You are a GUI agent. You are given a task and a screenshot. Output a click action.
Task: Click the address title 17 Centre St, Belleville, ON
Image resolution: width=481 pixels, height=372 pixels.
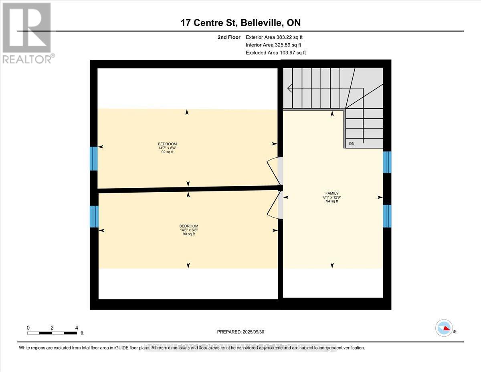[x=240, y=23]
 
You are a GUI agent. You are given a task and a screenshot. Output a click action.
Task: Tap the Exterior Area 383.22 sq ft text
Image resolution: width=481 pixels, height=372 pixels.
[x=274, y=37]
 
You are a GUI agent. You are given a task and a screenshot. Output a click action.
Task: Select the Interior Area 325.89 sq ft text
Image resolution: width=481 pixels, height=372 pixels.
[x=273, y=45]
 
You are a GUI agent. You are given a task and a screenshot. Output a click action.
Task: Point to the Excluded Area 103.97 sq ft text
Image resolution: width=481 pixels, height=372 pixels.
[x=275, y=53]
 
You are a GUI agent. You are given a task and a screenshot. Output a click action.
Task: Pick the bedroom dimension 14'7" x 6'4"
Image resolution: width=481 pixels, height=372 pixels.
[x=167, y=148]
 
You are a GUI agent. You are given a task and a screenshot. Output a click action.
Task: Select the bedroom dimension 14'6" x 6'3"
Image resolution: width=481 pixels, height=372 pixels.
[x=188, y=230]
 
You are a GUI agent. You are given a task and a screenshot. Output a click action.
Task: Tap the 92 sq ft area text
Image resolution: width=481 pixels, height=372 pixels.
[x=167, y=152]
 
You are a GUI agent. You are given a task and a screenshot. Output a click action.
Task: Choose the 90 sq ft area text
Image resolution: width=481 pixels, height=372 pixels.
[x=188, y=234]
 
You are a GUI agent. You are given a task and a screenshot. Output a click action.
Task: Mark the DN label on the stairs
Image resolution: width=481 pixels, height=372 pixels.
[x=352, y=144]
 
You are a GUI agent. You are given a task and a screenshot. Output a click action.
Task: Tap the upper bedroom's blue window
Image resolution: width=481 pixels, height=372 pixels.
[x=93, y=159]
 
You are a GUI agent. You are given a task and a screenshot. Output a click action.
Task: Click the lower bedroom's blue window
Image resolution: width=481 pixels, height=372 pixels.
[x=94, y=216]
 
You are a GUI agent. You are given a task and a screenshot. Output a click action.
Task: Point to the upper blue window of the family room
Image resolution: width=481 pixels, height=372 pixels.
[x=387, y=162]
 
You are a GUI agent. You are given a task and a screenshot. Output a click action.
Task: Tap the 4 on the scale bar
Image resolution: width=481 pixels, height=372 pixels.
[x=77, y=327]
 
